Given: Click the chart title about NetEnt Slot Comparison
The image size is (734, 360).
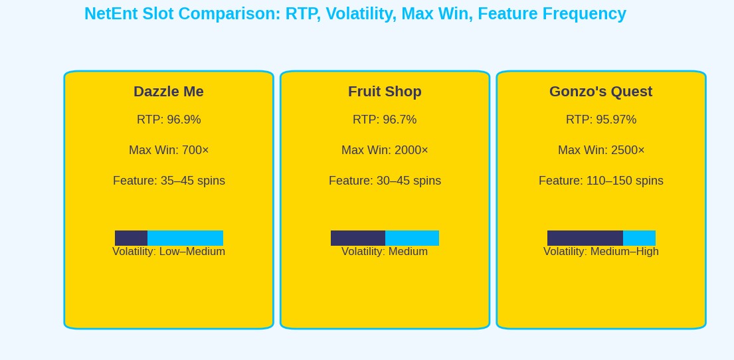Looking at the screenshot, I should tap(355, 14).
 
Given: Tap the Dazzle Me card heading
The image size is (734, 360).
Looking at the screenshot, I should tap(169, 92).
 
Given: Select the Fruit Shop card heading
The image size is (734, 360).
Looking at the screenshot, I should tap(385, 92).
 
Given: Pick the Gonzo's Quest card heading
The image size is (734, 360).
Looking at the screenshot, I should tap(600, 92).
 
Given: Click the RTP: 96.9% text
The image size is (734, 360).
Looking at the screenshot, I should tap(169, 120).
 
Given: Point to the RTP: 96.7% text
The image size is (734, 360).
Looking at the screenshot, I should tap(385, 120).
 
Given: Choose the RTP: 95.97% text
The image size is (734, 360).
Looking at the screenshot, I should tap(600, 120).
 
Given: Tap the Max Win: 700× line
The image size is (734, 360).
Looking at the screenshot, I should tap(169, 150).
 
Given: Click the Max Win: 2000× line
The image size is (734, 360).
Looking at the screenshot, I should tap(385, 150).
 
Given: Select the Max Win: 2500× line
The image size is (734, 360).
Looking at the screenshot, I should tap(600, 150).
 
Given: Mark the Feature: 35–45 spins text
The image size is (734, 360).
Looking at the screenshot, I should tap(169, 181).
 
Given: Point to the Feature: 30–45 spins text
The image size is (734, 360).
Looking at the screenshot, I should tap(385, 181).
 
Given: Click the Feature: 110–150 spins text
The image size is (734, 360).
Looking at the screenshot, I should tap(600, 181).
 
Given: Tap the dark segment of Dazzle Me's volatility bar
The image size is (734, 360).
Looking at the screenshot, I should tap(131, 238).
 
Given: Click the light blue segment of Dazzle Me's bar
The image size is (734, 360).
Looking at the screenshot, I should tap(185, 238).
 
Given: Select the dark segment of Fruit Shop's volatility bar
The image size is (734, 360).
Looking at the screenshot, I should tap(358, 238).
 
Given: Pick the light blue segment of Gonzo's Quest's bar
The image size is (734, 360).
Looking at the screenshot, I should tap(639, 238).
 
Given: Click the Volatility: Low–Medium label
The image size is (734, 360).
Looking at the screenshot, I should tap(169, 252).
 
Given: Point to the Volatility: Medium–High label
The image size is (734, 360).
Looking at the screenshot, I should tap(600, 252).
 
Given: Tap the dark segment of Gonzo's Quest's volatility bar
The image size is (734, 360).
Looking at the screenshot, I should tap(585, 238).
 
